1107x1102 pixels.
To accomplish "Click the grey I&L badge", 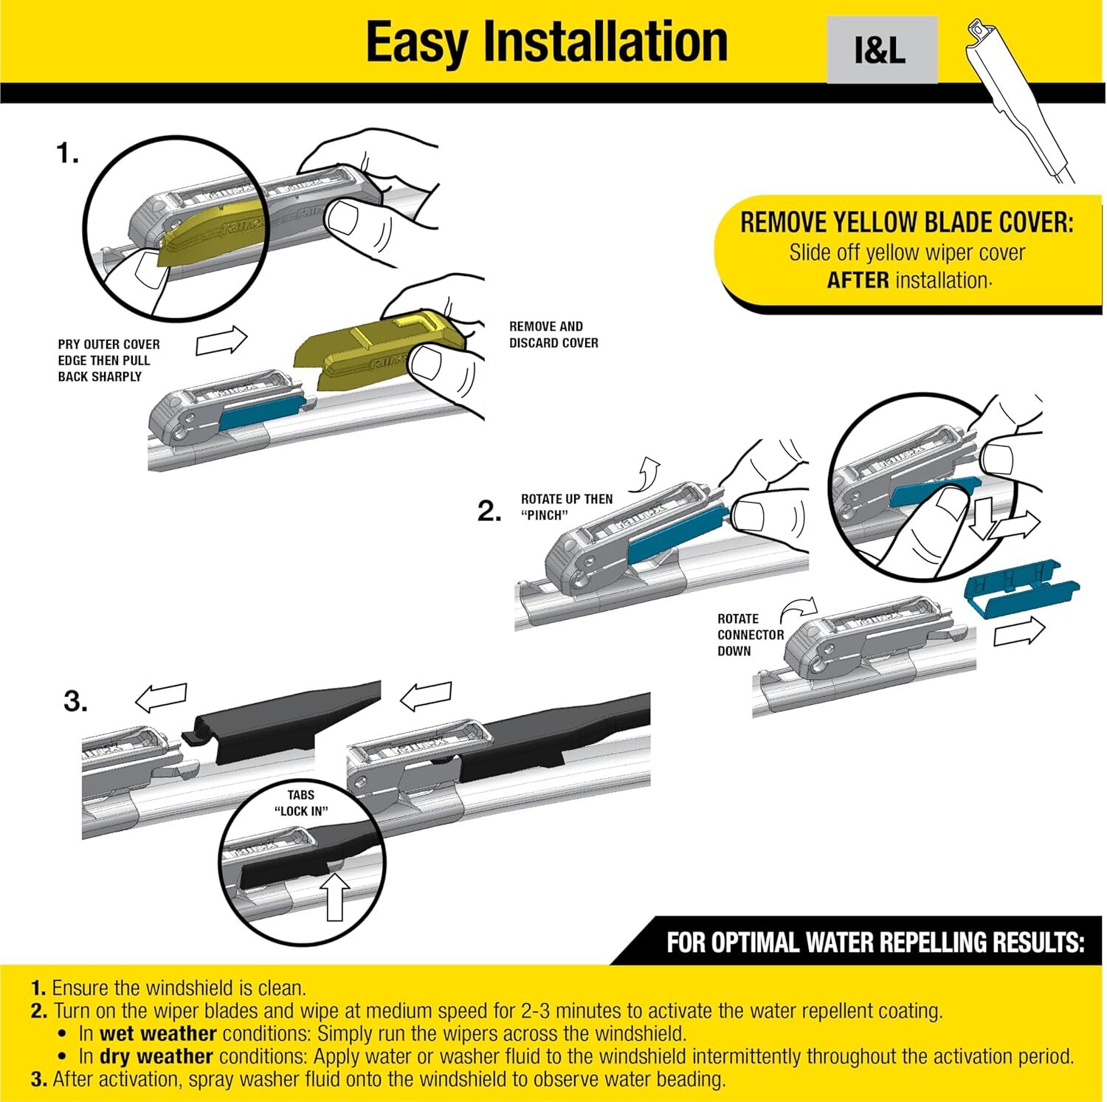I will click(x=881, y=50).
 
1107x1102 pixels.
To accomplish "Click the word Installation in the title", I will click(x=605, y=42).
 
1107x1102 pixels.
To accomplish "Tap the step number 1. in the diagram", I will click(x=67, y=154).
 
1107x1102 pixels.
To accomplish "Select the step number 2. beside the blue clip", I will click(x=489, y=511).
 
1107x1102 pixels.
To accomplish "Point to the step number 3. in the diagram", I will click(x=75, y=700).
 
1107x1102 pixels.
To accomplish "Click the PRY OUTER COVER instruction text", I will click(x=108, y=360).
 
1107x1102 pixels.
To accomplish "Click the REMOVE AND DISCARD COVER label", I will click(x=553, y=334).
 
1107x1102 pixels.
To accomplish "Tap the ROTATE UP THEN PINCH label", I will click(x=566, y=507).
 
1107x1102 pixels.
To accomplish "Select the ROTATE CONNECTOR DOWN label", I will click(x=750, y=635).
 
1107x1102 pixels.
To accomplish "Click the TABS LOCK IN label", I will click(x=301, y=802).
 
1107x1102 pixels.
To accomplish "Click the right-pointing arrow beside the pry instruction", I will click(x=221, y=342).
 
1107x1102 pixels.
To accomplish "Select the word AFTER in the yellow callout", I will click(x=857, y=280).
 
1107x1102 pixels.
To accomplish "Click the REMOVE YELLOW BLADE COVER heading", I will click(x=906, y=222).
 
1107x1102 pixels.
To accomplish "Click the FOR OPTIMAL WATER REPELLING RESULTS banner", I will click(x=875, y=943).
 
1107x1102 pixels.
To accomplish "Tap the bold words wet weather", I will click(x=158, y=1033).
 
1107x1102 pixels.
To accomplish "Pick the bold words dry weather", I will click(x=156, y=1056).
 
